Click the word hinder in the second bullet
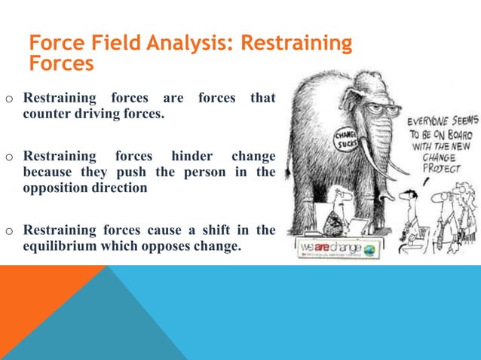[x=191, y=157]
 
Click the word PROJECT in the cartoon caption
[x=441, y=169]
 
